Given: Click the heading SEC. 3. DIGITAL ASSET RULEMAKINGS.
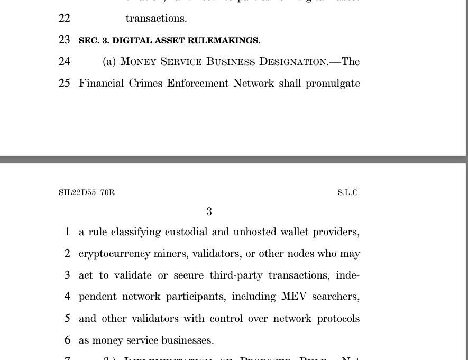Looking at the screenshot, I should click(x=169, y=41).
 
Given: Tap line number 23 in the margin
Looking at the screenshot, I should click(x=65, y=40).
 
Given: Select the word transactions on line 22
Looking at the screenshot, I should click(x=156, y=19).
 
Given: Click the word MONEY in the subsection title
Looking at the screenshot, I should click(x=139, y=62).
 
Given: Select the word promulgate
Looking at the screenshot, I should click(x=333, y=84).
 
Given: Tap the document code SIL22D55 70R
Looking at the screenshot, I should click(x=87, y=192).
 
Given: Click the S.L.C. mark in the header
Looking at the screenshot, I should click(x=348, y=192).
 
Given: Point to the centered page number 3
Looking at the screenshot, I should click(x=209, y=212).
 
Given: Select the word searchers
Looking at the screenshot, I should click(x=336, y=297).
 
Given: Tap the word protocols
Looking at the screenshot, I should click(x=338, y=319).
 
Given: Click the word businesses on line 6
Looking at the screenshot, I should click(x=187, y=340).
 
